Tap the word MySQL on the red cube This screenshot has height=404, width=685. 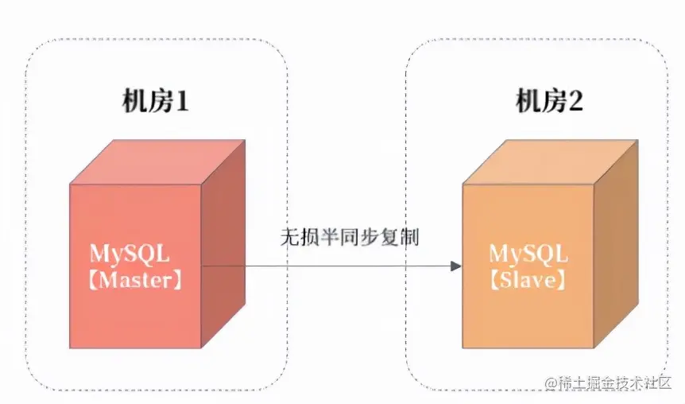(x=129, y=254)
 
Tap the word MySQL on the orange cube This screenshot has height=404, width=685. (x=528, y=254)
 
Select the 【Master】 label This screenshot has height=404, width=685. (x=134, y=279)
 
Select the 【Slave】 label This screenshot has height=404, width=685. (x=528, y=279)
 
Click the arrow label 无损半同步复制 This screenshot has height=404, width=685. (x=349, y=238)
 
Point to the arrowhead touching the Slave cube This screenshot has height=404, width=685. (x=455, y=266)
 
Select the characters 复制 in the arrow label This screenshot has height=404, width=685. (x=403, y=238)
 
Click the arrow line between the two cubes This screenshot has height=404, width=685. (x=334, y=266)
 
